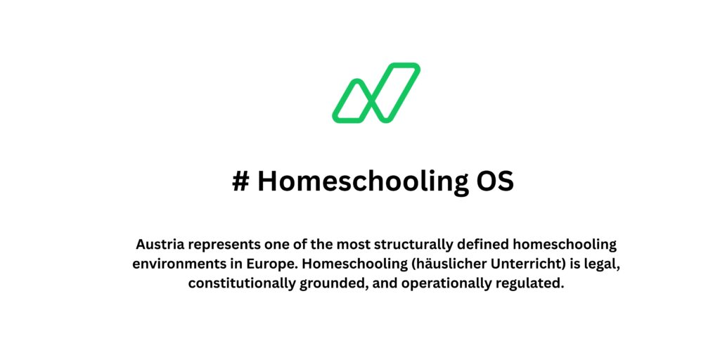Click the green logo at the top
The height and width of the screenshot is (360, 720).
click(x=376, y=93)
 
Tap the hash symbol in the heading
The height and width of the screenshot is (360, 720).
click(x=240, y=181)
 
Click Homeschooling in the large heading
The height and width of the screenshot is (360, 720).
click(x=360, y=181)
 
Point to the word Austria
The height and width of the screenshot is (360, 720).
click(x=158, y=245)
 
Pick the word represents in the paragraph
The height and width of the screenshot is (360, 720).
click(x=221, y=245)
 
